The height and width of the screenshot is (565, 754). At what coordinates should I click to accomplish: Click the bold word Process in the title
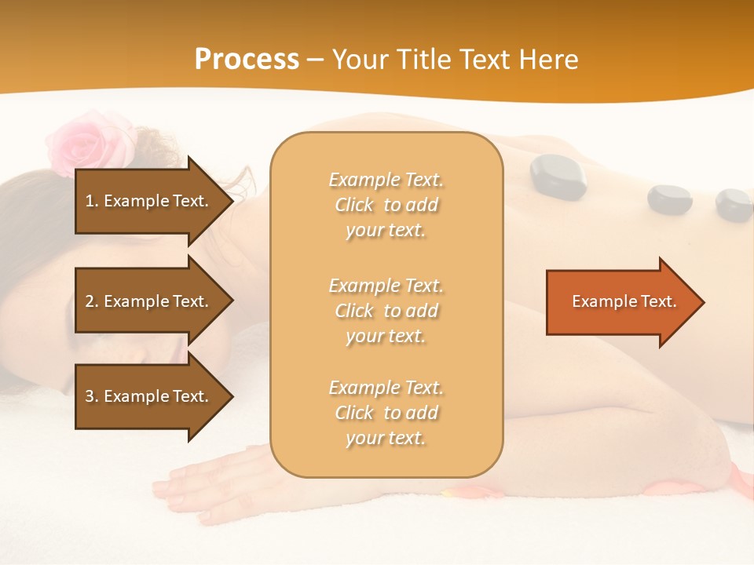pyautogui.click(x=247, y=60)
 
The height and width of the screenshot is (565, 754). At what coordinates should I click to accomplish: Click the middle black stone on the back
pyautogui.click(x=669, y=199)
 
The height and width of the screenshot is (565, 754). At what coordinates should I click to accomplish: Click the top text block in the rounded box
pyautogui.click(x=386, y=205)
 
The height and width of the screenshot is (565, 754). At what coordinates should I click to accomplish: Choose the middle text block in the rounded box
pyautogui.click(x=386, y=311)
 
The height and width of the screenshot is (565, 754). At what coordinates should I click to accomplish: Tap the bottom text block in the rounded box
pyautogui.click(x=386, y=413)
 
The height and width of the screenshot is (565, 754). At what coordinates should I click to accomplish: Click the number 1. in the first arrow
pyautogui.click(x=92, y=201)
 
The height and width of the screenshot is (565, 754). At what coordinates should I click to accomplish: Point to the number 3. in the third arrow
pyautogui.click(x=92, y=396)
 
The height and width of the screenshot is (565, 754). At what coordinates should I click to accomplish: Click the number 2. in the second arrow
pyautogui.click(x=92, y=301)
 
